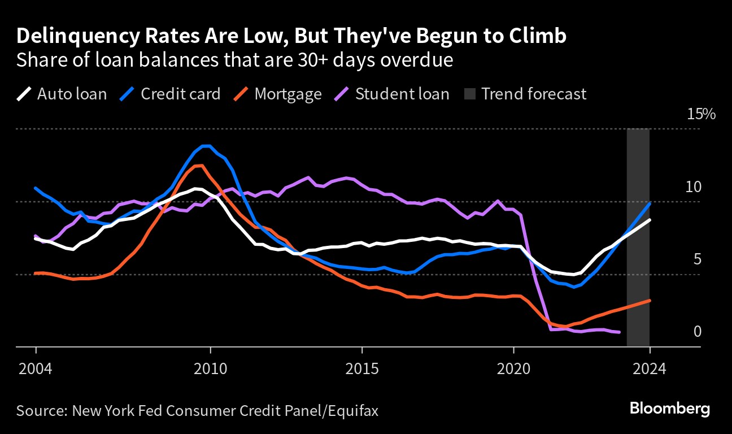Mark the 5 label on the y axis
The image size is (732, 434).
coord(697,259)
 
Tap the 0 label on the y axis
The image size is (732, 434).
coord(697,331)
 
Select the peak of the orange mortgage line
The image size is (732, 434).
coord(198,165)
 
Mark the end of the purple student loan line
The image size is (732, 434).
coord(620,332)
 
